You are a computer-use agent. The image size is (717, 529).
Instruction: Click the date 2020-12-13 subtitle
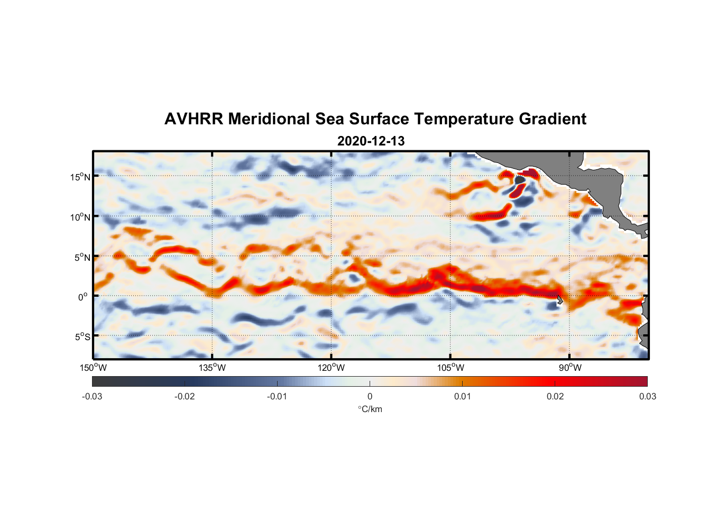point(371,141)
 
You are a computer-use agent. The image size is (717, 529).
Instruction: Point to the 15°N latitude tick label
point(80,177)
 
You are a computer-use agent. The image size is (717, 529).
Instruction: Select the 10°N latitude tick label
point(80,217)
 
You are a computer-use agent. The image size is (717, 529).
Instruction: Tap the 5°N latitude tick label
point(82,257)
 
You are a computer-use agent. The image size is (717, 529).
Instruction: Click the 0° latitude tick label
point(83,297)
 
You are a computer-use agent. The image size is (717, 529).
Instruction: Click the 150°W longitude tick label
point(93,368)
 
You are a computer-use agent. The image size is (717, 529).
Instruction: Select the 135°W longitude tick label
point(212,368)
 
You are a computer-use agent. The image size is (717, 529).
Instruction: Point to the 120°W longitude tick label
point(331,368)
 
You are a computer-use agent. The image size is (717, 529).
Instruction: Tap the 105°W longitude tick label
point(451,368)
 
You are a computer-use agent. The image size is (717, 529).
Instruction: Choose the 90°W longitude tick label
point(570,368)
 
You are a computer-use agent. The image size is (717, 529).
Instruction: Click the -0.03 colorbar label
point(92,397)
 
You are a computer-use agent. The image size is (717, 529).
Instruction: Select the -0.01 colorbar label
point(277,397)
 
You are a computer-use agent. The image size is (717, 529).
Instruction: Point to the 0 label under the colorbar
point(370,397)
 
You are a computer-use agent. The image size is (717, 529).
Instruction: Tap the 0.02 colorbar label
point(555,397)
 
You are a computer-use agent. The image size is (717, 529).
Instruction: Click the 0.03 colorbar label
point(647,397)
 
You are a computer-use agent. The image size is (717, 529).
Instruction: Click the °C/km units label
point(370,409)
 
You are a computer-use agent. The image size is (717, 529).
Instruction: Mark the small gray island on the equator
point(559,300)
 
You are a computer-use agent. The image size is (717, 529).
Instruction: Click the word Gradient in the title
point(552,119)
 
